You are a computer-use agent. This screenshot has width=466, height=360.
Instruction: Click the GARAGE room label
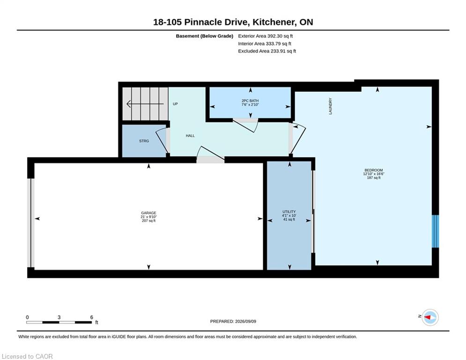[148, 213]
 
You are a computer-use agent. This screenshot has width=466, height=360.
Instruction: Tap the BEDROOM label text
[374, 170]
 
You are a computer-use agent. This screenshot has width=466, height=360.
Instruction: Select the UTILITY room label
[289, 212]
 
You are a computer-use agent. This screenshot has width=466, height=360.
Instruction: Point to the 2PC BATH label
[250, 101]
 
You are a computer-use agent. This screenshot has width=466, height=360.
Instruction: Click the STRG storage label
[144, 141]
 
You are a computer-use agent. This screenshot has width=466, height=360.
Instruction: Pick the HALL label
[190, 135]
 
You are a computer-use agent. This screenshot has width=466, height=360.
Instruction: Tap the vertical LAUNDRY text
[330, 106]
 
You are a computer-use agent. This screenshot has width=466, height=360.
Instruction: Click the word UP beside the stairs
[175, 104]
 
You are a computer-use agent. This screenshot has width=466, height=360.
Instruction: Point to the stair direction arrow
[145, 104]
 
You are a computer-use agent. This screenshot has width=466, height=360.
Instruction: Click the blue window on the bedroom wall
[435, 231]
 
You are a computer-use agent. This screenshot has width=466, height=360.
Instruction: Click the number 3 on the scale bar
[59, 317]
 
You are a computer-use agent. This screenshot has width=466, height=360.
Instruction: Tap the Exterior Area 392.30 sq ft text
[266, 36]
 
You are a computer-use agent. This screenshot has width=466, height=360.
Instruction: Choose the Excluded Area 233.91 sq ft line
[267, 51]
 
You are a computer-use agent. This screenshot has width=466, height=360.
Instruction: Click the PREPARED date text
[233, 321]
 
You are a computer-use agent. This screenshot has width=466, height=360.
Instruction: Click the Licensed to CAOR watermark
[27, 356]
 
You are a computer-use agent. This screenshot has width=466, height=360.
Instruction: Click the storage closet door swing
[162, 140]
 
